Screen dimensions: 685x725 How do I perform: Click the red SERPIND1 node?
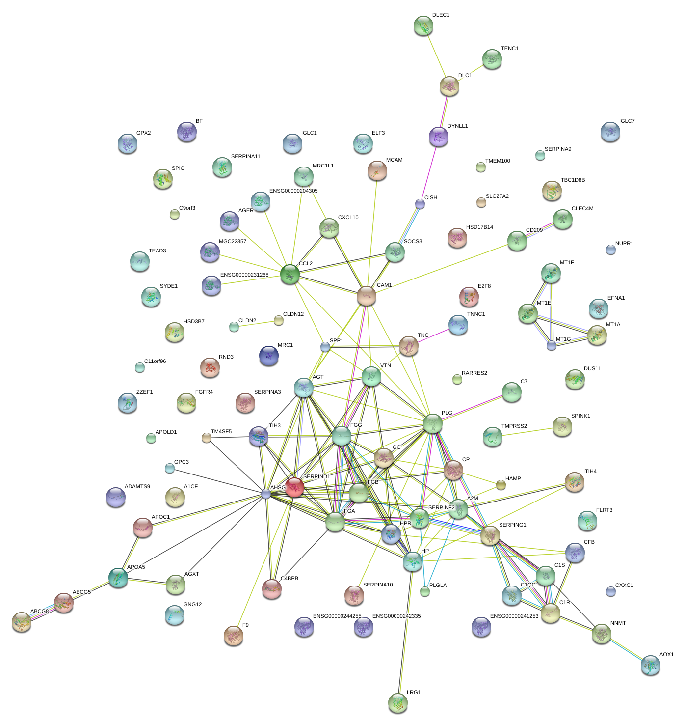click(x=294, y=487)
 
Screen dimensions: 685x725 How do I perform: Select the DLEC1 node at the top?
click(x=423, y=26)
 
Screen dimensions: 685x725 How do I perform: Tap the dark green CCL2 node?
click(x=290, y=274)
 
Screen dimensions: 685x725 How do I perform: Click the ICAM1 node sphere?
click(x=366, y=296)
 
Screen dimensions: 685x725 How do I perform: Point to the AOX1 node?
click(x=650, y=665)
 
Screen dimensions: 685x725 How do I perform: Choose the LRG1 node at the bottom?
click(x=397, y=703)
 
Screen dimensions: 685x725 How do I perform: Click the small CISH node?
click(x=420, y=203)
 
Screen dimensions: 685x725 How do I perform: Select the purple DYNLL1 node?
click(x=438, y=137)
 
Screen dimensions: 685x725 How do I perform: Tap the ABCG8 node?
click(x=21, y=622)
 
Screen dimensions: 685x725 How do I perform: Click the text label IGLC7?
click(x=627, y=121)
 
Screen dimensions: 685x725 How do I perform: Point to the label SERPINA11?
click(x=245, y=157)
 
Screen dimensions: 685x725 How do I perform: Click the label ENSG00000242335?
click(x=396, y=616)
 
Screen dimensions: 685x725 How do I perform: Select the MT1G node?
click(x=552, y=345)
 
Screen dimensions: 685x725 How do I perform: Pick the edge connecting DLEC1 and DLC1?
click(x=436, y=56)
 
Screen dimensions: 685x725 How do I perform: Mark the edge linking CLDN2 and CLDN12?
click(x=256, y=324)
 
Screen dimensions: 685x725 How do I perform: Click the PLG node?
click(x=432, y=423)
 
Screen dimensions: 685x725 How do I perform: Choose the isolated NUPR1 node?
click(x=610, y=250)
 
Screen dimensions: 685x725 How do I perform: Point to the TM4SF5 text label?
click(x=221, y=432)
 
